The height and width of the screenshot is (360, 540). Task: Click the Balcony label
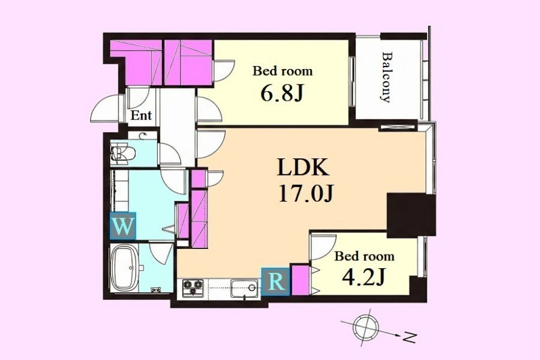[387, 77]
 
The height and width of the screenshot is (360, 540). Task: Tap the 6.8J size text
[283, 93]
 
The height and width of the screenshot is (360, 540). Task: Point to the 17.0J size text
[306, 194]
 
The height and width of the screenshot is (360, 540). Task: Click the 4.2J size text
[363, 277]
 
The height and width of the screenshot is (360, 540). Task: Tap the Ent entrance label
[141, 115]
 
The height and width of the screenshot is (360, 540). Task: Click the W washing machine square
[123, 226]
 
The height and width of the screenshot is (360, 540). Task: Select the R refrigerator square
[275, 281]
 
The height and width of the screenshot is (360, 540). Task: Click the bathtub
[124, 268]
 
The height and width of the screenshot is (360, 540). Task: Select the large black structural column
[411, 215]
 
